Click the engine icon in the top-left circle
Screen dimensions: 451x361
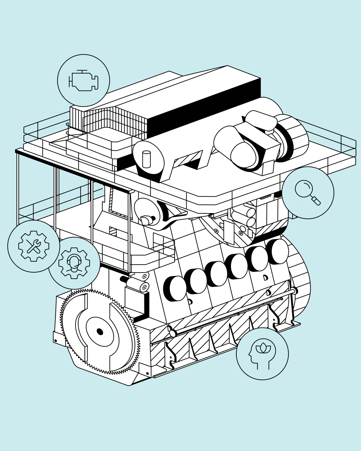point(84,81)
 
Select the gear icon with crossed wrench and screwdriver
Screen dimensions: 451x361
point(34,246)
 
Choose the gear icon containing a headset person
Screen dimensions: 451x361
point(74,263)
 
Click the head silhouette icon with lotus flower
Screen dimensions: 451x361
point(262,354)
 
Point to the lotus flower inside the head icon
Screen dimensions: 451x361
point(263,348)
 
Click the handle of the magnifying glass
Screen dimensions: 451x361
point(316,200)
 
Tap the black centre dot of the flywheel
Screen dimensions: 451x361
point(100,332)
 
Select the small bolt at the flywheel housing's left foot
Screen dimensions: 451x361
point(55,341)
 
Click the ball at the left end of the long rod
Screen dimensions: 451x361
point(173,333)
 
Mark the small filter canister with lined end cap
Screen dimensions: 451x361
point(138,285)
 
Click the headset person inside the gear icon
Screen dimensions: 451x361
point(74,263)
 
